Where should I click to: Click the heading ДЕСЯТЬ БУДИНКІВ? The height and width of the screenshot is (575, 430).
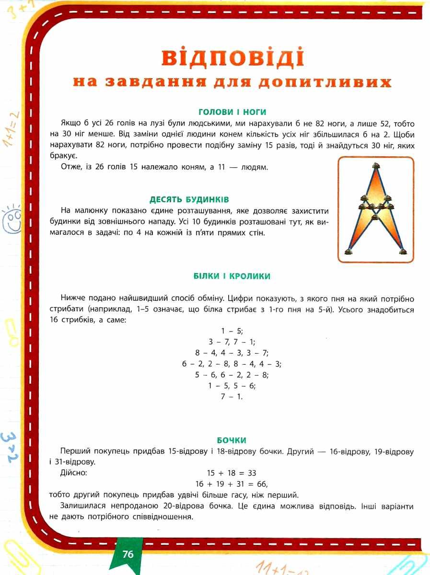click(x=189, y=199)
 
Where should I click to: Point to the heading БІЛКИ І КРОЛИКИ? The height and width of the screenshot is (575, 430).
click(x=232, y=276)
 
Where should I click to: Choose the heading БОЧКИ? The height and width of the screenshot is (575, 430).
click(x=232, y=440)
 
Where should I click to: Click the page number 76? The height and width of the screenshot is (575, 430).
click(x=128, y=555)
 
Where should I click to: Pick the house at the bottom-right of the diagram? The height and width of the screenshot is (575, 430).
click(x=403, y=250)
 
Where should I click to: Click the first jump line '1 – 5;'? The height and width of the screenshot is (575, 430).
click(x=232, y=331)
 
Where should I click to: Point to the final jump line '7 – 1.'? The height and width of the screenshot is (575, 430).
click(x=232, y=397)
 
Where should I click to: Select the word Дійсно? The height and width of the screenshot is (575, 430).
click(x=73, y=473)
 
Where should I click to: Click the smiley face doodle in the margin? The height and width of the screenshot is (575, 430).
click(x=13, y=218)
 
